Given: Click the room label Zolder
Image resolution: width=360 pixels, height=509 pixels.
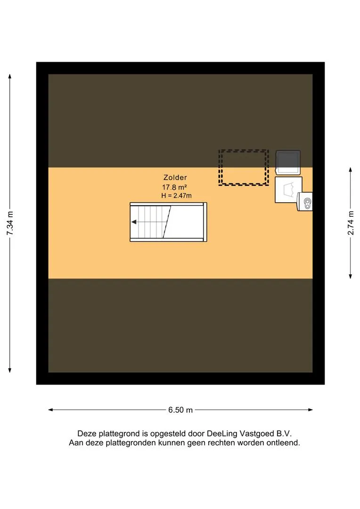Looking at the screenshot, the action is tap(175, 178).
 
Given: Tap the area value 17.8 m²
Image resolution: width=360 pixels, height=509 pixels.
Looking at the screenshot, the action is tap(175, 187).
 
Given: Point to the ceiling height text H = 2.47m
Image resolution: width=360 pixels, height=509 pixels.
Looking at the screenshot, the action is tap(176, 196).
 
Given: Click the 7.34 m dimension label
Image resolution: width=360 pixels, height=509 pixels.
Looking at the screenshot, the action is tap(10, 223).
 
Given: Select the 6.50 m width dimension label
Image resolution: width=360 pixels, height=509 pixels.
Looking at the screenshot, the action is tap(180, 410).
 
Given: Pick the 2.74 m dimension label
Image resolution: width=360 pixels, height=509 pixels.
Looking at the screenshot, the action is tap(351, 222).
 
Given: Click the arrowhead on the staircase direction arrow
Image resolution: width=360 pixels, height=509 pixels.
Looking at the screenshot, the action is tap(133, 222).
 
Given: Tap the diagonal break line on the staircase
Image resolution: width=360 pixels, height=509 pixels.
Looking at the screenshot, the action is tap(167, 222).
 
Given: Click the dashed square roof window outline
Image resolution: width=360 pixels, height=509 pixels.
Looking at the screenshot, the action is tap(244, 150).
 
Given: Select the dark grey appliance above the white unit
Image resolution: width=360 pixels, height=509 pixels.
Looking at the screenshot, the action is tap(288, 162).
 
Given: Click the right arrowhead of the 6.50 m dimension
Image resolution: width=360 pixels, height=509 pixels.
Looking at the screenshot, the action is tap(311, 410).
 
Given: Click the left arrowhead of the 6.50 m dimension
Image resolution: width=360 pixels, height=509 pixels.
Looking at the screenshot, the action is tap(50, 410).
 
